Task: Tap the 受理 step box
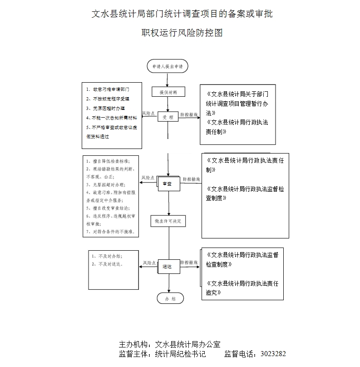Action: click(168, 117)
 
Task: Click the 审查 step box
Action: click(168, 183)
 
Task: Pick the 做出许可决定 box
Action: click(168, 221)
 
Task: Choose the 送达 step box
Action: click(168, 267)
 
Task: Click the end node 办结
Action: click(170, 298)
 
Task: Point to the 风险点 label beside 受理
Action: click(148, 113)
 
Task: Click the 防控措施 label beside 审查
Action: click(191, 179)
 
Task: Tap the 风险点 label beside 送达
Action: click(149, 263)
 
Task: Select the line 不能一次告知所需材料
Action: click(111, 118)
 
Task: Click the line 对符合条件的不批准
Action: click(111, 231)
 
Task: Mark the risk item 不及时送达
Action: click(108, 264)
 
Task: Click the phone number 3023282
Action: click(272, 353)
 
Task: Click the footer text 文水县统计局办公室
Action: click(188, 344)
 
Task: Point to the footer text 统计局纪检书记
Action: click(181, 353)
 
